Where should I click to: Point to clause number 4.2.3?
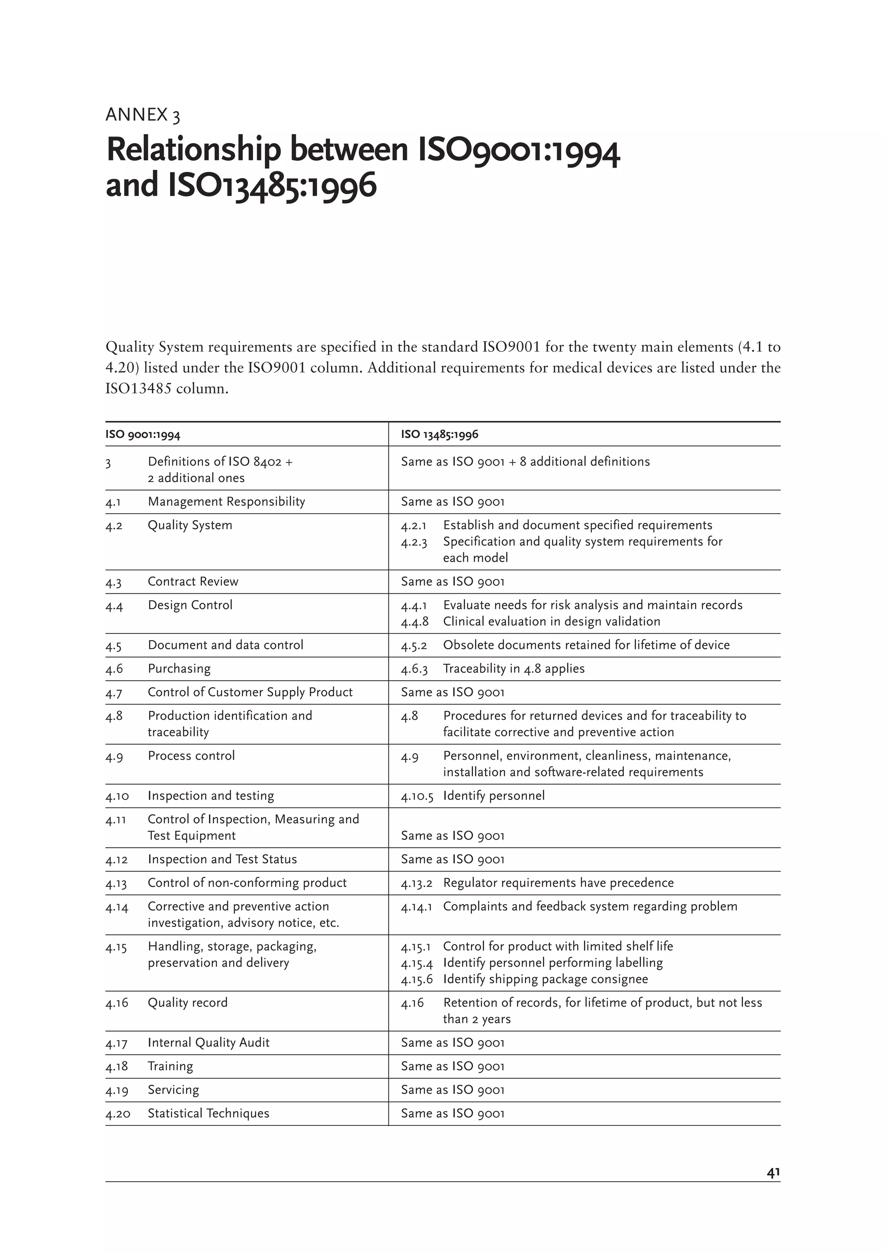pos(414,542)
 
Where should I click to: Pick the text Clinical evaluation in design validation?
pos(551,622)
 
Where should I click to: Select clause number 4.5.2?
pos(414,646)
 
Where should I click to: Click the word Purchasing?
pos(179,668)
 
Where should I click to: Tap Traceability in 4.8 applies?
pos(513,668)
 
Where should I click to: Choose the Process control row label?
pos(191,756)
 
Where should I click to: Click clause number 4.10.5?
pos(417,796)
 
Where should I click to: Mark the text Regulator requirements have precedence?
pos(558,883)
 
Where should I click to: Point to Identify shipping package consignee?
pos(546,979)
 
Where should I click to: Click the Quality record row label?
pos(187,1003)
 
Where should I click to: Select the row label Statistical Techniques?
pos(208,1113)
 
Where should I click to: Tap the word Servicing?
pos(173,1090)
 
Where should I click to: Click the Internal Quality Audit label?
pos(208,1043)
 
